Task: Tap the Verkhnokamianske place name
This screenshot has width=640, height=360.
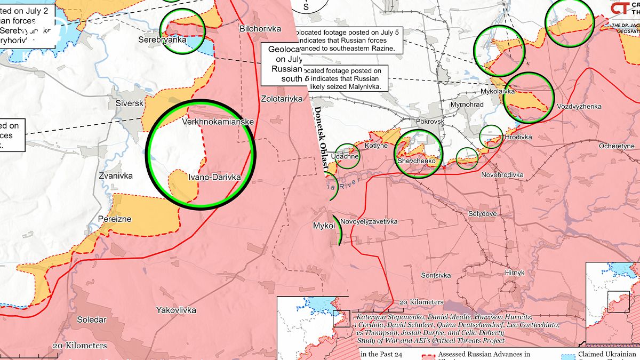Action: click(218, 122)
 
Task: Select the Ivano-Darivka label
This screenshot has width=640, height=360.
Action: click(214, 177)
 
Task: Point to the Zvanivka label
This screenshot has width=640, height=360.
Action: click(115, 175)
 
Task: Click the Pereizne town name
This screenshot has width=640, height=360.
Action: click(115, 219)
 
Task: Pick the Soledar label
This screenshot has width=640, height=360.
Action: click(92, 320)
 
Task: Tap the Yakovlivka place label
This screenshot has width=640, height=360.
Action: click(176, 310)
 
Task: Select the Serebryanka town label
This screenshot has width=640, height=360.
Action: click(162, 39)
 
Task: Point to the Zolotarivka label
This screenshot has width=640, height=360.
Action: click(282, 99)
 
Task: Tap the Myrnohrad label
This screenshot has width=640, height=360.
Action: click(467, 105)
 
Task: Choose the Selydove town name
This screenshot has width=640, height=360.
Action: click(483, 213)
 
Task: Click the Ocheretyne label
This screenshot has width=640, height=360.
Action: click(617, 146)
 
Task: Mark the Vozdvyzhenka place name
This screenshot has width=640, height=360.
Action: click(579, 107)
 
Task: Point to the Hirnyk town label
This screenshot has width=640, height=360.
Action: click(515, 273)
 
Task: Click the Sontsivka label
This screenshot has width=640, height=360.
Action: click(436, 275)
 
